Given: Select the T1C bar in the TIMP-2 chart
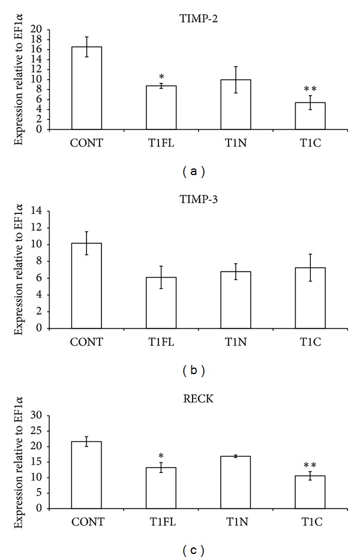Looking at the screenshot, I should [310, 116].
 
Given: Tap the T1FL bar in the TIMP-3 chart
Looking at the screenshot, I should [161, 303].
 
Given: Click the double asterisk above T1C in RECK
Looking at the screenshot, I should [310, 465].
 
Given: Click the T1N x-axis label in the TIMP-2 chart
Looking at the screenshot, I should [236, 143].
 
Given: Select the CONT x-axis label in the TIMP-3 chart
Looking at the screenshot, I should [86, 342].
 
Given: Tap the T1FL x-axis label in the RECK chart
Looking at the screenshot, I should [161, 523].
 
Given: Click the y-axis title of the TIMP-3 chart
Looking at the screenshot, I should [19, 270].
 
